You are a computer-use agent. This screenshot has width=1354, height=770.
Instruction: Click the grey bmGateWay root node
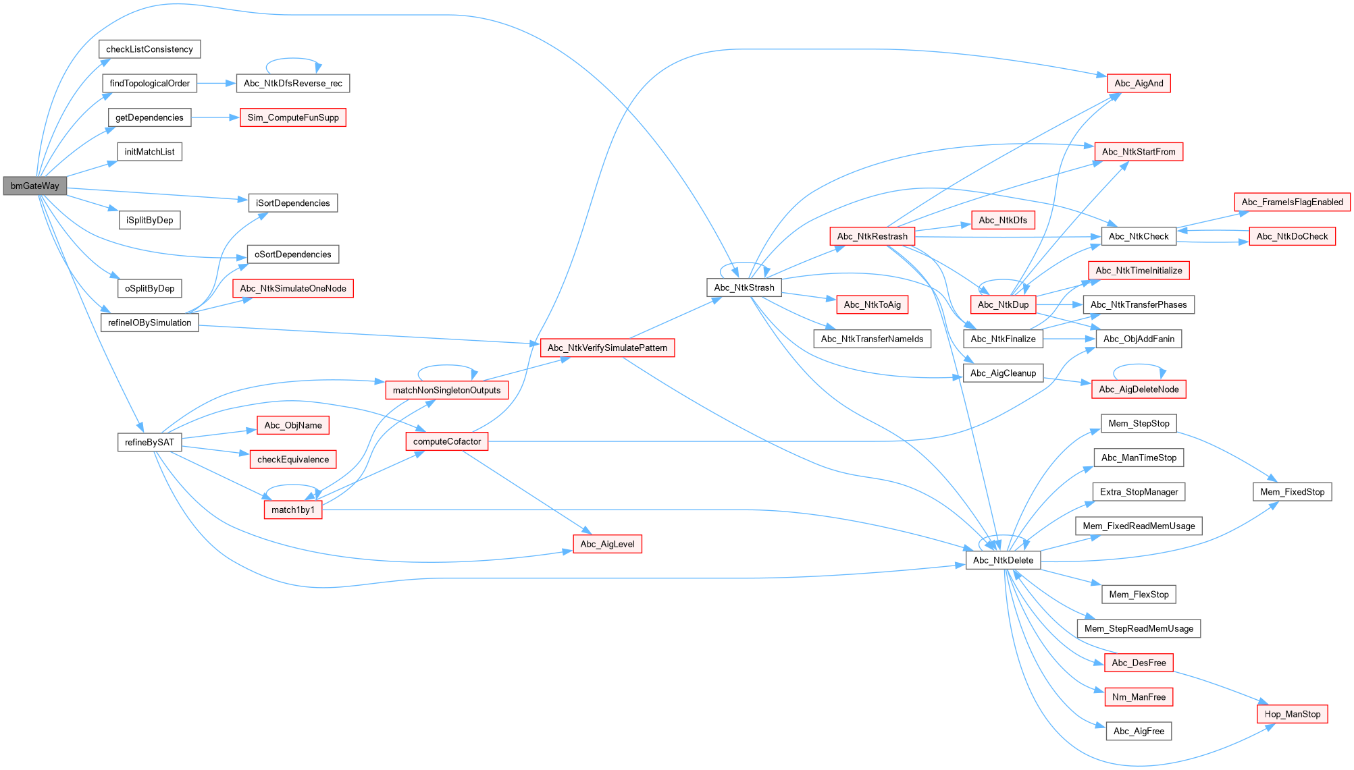tap(35, 186)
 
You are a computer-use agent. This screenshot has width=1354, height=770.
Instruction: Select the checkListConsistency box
tap(149, 49)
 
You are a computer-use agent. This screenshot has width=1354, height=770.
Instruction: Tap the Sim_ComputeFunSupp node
tap(293, 117)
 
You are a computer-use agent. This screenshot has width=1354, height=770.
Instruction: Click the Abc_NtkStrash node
tap(744, 287)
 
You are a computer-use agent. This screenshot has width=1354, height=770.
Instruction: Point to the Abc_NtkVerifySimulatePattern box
tap(607, 348)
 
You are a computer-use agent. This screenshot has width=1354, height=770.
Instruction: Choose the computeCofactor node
tap(446, 441)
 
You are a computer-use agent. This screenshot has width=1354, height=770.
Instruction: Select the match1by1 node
tap(292, 510)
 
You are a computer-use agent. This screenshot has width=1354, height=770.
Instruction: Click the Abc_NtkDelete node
tap(1003, 560)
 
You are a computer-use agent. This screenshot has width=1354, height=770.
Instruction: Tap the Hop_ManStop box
tap(1292, 714)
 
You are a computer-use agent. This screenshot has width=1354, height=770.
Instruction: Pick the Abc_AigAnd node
tap(1139, 83)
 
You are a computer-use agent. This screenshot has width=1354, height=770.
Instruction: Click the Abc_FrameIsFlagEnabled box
tap(1292, 202)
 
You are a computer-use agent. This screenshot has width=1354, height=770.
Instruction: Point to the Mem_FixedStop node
tap(1292, 492)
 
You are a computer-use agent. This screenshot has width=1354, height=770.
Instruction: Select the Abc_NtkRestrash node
tap(872, 236)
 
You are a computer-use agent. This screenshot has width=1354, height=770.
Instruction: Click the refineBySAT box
tap(149, 442)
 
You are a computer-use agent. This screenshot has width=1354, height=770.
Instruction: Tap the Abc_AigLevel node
tap(607, 544)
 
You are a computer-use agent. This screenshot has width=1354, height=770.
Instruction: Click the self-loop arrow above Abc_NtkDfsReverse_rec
tap(293, 59)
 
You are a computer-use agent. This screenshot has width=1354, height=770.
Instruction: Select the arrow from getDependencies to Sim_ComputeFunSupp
tap(215, 117)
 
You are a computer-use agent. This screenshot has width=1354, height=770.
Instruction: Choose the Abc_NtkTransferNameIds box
tap(872, 339)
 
